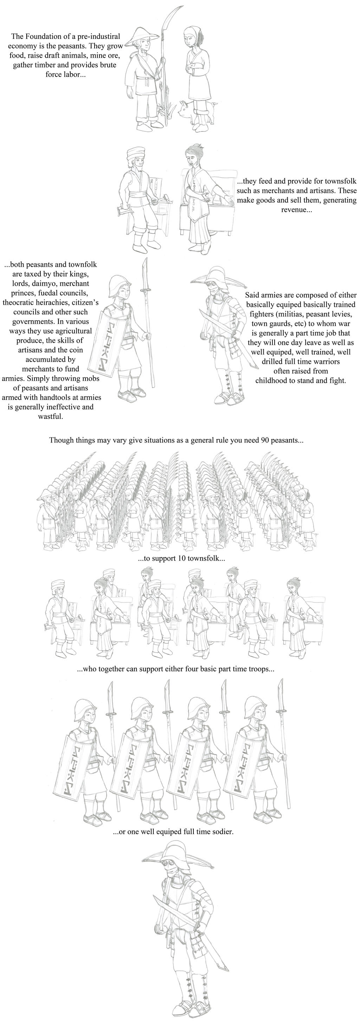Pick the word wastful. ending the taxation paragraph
(50, 417)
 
